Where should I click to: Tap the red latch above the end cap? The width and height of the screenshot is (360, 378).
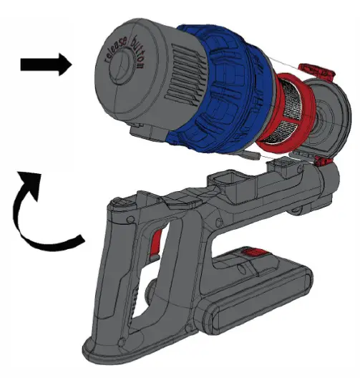point(316,71)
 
